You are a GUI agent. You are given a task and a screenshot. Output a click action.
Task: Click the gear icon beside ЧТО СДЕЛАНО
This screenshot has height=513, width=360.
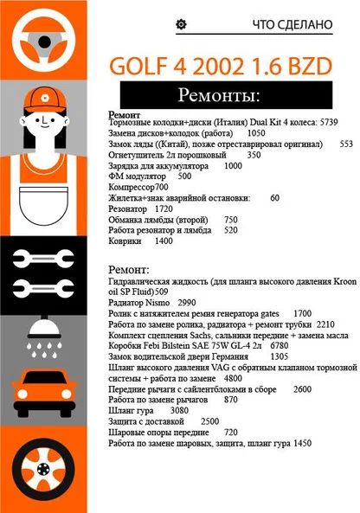click(x=181, y=24)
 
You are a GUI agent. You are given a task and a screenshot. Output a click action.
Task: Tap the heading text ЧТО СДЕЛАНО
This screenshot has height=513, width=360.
click(x=292, y=24)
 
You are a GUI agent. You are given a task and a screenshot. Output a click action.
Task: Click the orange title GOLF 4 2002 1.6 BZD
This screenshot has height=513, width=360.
click(x=221, y=66)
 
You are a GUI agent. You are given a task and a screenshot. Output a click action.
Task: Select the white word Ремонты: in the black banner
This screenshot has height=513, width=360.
click(x=219, y=95)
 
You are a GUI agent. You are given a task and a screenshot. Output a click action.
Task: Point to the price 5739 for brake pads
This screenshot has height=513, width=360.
click(x=329, y=122)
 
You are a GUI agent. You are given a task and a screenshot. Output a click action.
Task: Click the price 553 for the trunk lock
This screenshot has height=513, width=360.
click(x=346, y=144)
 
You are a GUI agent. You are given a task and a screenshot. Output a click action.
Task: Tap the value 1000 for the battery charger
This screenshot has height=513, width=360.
click(x=233, y=165)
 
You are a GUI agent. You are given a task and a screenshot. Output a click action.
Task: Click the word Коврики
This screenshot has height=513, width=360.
click(x=125, y=241)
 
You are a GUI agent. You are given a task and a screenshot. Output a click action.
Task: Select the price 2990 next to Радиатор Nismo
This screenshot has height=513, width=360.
click(x=187, y=303)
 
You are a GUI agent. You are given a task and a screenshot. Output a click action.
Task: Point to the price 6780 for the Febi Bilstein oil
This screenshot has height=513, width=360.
click(x=280, y=345)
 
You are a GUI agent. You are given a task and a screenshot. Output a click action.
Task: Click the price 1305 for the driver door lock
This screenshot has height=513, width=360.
click(x=280, y=356)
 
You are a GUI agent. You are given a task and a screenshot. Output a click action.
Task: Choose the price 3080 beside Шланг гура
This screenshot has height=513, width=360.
click(x=179, y=410)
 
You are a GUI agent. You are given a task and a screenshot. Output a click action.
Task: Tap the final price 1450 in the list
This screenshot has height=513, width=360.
click(x=302, y=443)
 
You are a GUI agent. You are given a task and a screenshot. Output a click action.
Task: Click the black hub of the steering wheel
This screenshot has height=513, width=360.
click(x=44, y=42)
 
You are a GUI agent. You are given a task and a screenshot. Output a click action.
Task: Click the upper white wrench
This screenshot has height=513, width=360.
click(x=43, y=259)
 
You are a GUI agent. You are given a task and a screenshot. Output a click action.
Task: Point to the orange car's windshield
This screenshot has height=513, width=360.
click(x=44, y=377)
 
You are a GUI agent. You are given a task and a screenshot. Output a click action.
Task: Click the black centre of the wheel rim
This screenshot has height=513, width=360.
click(x=43, y=469)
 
